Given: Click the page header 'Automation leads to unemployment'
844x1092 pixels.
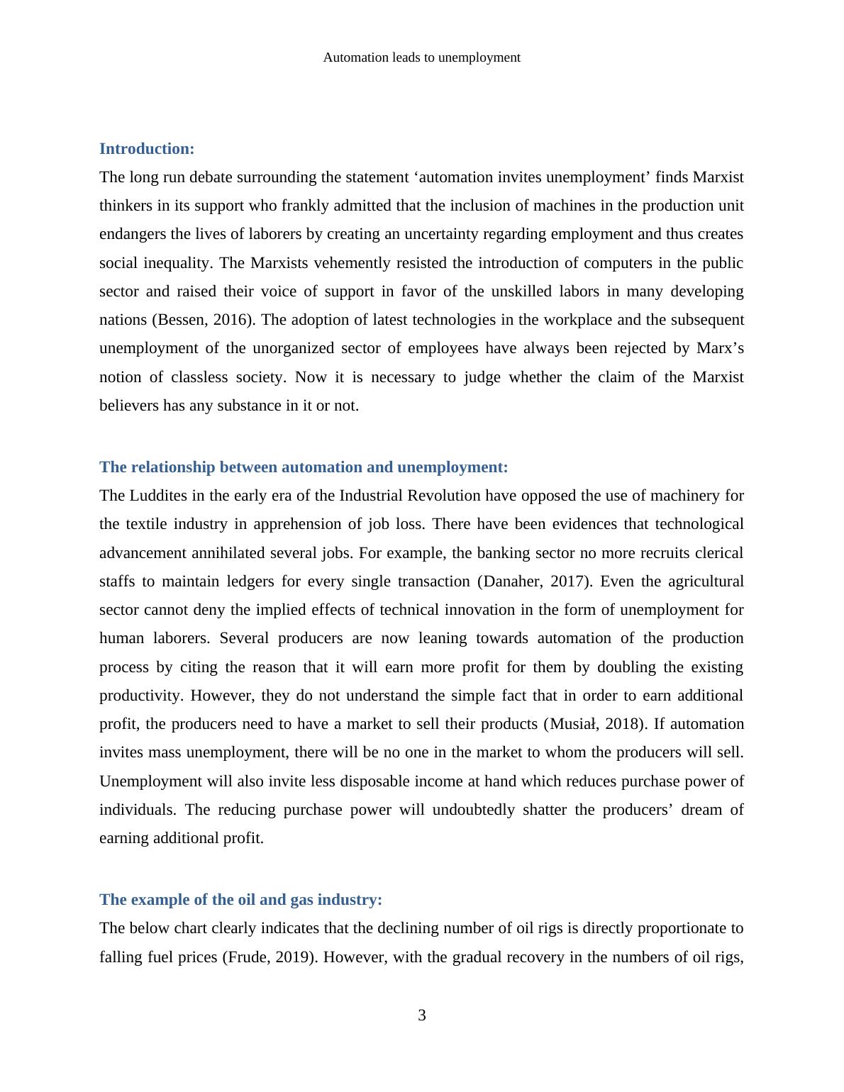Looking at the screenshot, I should (x=421, y=57).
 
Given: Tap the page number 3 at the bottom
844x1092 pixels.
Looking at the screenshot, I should (x=421, y=1015).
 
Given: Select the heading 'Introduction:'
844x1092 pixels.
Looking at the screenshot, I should (x=147, y=149).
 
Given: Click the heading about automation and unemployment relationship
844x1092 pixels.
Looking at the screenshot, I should (x=304, y=467).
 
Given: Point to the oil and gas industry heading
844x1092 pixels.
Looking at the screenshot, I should (x=240, y=900).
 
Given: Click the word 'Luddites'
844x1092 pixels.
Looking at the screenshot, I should (x=159, y=496).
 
